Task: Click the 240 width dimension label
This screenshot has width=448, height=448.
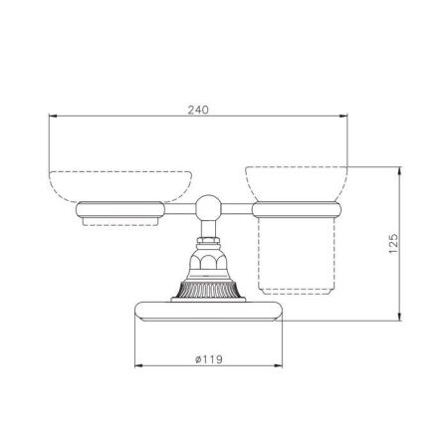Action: (x=198, y=110)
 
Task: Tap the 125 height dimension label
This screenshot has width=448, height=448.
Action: (x=393, y=244)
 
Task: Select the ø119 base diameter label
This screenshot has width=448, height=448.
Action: (x=209, y=359)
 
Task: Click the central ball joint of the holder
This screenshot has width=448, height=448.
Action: (x=208, y=207)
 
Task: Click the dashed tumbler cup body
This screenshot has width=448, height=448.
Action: (x=297, y=256)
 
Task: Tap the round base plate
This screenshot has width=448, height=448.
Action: (x=208, y=312)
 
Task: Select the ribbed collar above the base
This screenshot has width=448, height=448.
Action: (x=208, y=290)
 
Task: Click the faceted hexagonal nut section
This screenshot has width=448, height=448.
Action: (x=208, y=262)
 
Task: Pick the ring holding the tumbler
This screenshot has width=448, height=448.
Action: (x=297, y=209)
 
